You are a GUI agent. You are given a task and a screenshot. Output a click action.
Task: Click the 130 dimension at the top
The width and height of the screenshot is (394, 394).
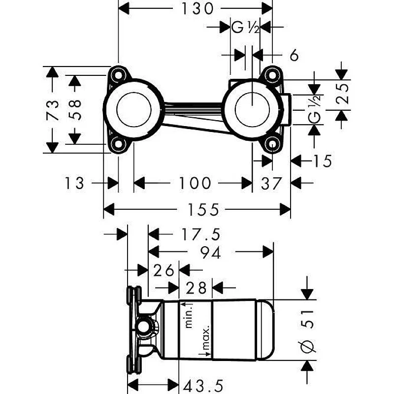[195, 8]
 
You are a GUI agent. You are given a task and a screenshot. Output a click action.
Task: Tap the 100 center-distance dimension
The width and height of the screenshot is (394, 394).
[194, 184]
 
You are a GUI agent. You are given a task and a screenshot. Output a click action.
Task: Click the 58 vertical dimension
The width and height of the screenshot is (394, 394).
[74, 110]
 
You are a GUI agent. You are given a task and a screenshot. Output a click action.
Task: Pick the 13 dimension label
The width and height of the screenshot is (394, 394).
[75, 184]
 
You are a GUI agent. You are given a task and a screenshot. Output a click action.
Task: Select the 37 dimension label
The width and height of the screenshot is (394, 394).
[271, 184]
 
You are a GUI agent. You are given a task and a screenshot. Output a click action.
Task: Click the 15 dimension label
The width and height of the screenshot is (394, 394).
[323, 161]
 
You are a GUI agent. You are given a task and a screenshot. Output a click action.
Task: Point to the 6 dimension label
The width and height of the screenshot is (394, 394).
[294, 55]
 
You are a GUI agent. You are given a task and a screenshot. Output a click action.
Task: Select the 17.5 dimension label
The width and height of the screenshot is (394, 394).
[199, 234]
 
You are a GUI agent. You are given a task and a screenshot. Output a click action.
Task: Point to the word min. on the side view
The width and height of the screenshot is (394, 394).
[187, 315]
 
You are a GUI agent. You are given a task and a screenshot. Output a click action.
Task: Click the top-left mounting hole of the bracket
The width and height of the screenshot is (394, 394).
[118, 75]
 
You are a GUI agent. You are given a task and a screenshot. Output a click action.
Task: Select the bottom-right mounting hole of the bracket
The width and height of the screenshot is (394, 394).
[271, 145]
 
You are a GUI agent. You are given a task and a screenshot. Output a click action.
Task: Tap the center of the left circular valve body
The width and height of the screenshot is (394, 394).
[133, 109]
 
